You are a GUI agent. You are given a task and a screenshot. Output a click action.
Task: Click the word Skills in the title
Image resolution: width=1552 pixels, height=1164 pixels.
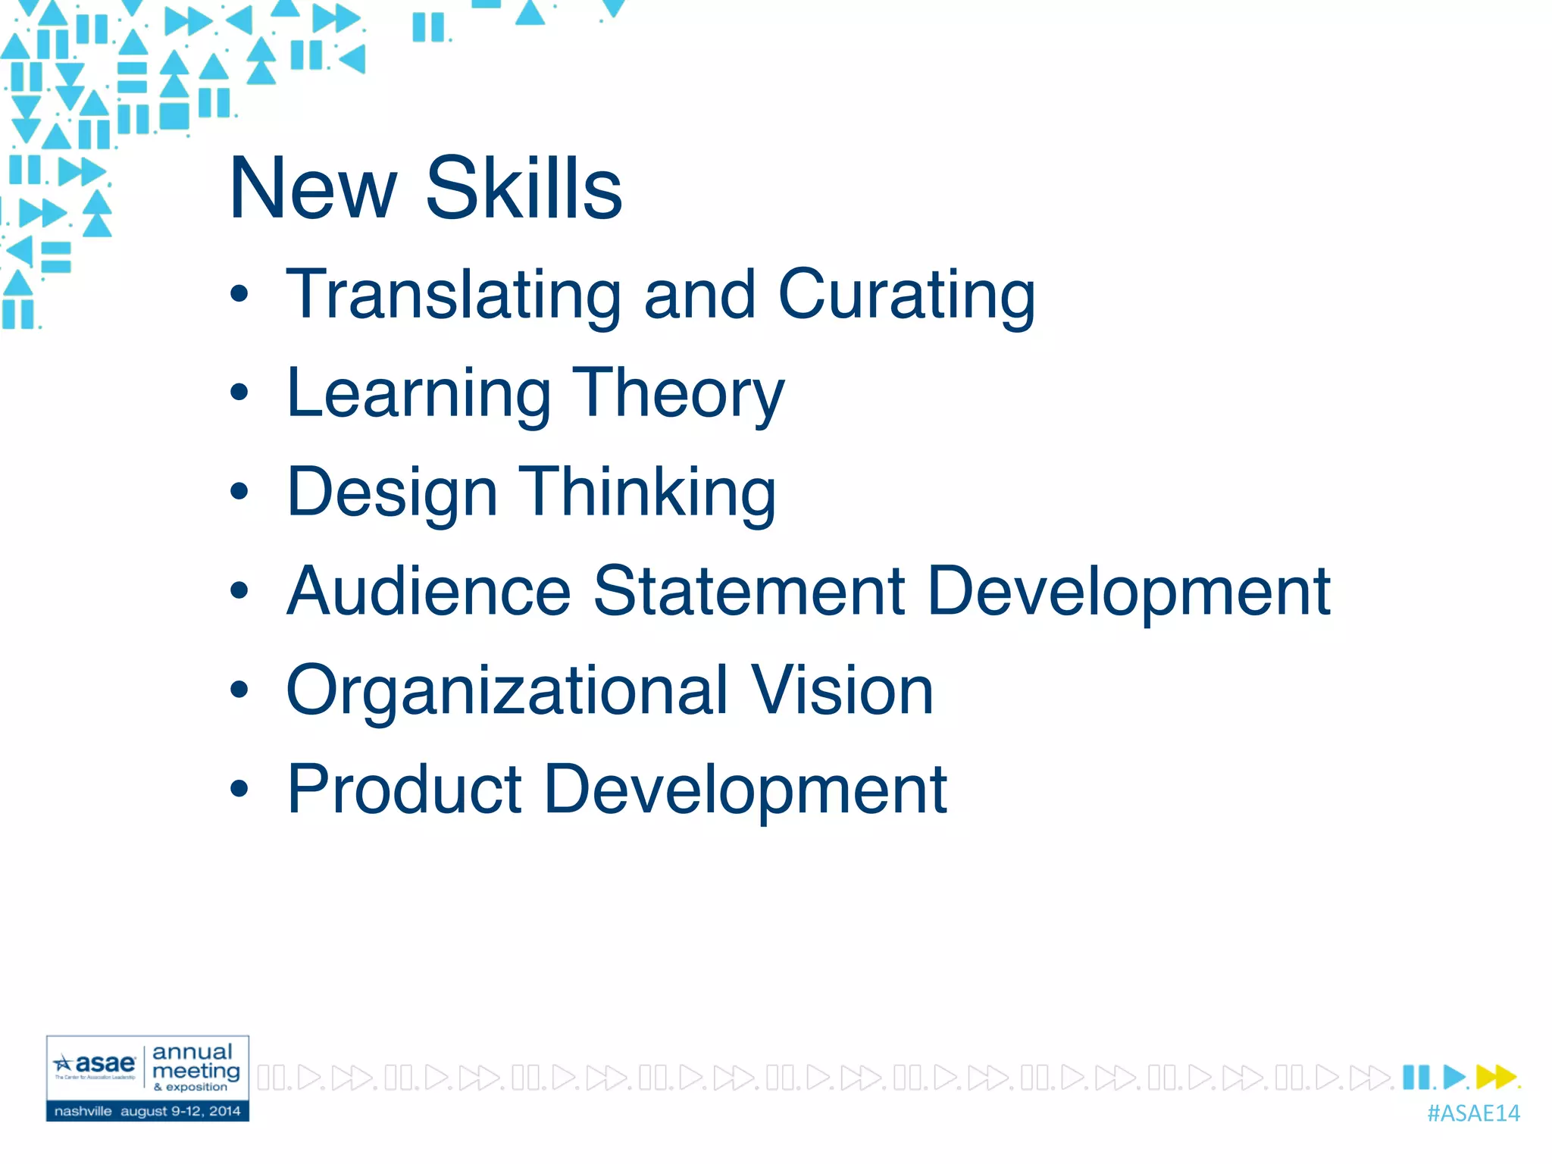point(524,188)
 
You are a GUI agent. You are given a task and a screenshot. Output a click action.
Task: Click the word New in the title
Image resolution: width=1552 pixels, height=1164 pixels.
point(313,188)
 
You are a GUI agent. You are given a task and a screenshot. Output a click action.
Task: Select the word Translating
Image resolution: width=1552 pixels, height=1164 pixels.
point(453,295)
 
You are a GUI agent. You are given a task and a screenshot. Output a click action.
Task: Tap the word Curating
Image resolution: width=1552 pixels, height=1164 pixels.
point(906,295)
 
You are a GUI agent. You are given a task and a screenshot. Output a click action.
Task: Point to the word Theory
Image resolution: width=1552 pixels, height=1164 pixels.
point(678,394)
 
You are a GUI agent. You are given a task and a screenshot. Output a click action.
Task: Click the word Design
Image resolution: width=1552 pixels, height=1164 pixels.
point(392,493)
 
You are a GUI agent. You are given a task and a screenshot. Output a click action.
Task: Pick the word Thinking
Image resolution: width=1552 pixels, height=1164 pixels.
point(647,492)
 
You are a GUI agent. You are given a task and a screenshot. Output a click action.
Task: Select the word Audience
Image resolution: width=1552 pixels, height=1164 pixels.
point(429,591)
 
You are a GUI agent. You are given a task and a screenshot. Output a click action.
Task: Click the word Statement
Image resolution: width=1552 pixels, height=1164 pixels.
point(749,591)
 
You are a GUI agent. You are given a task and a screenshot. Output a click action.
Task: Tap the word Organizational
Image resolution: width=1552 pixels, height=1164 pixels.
point(507,690)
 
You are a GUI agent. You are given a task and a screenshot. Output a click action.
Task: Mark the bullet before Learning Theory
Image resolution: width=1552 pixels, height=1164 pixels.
point(239,393)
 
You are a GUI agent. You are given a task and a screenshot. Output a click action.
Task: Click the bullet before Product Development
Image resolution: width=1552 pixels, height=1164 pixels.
point(239,789)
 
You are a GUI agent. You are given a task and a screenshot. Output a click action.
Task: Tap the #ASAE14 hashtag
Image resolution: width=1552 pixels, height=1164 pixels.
point(1473,1113)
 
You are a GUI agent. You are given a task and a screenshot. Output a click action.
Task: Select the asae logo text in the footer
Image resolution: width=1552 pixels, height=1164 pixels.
point(105,1063)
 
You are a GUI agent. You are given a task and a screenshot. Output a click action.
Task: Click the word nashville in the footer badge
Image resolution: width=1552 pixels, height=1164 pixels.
point(83,1111)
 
